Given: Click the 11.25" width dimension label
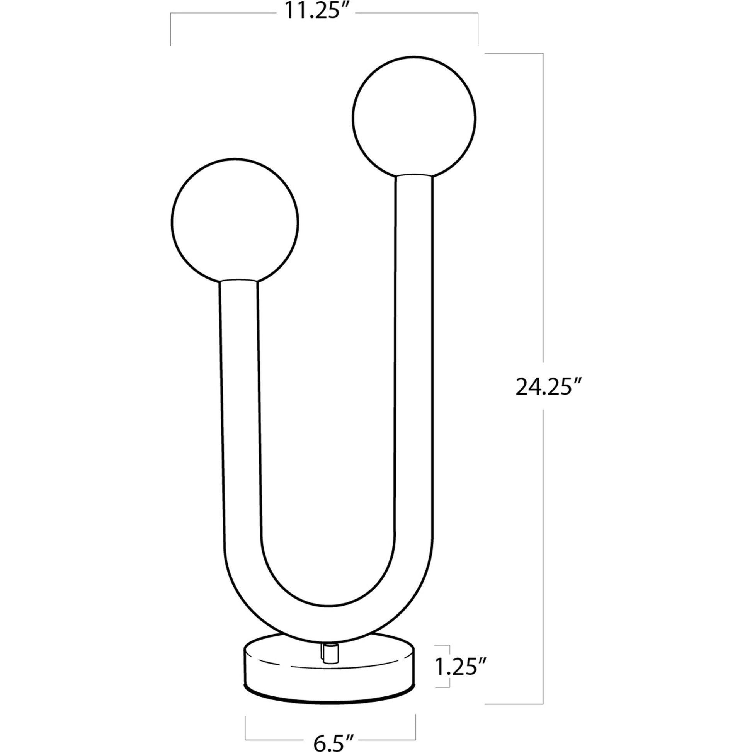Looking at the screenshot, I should (316, 11).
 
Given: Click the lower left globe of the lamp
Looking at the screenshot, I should (235, 221).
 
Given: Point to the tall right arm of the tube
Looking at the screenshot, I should (414, 350).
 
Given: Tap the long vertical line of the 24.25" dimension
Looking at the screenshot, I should (543, 233).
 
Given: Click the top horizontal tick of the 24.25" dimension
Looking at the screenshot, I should (514, 53).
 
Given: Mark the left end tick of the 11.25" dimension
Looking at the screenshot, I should (170, 29).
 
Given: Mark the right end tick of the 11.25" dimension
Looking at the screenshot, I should (478, 29).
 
